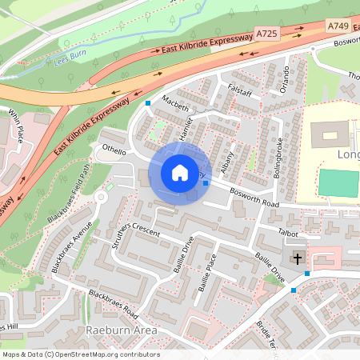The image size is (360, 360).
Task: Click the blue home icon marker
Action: pyautogui.click(x=179, y=173)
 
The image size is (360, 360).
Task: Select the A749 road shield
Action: pyautogui.click(x=338, y=26)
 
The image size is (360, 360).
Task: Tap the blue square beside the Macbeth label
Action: pyautogui.click(x=148, y=103)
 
